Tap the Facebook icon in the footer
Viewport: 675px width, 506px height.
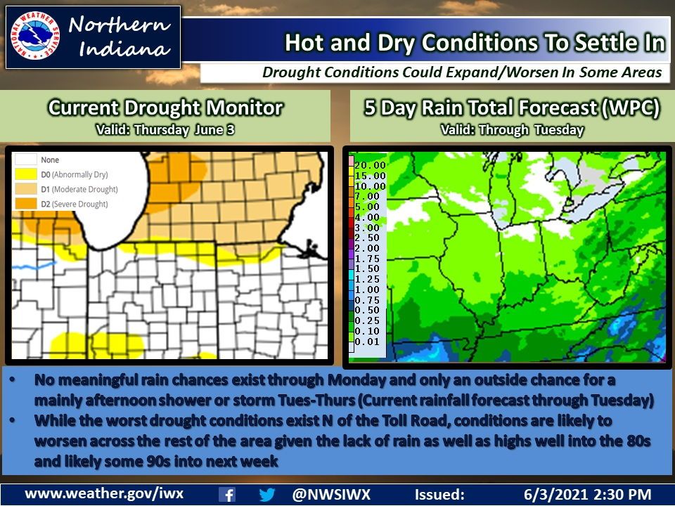click(x=227, y=494)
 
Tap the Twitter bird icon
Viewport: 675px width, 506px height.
click(x=267, y=494)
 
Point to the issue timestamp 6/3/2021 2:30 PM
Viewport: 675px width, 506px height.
click(x=588, y=494)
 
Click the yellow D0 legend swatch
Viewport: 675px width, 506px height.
click(x=27, y=175)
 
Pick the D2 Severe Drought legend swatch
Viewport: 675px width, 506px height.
click(x=27, y=205)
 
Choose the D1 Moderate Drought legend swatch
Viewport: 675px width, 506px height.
click(x=27, y=190)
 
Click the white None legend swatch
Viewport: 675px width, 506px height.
click(x=27, y=160)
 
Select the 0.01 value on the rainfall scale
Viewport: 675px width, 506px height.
click(x=370, y=342)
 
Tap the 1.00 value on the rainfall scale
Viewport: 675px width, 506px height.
click(x=370, y=290)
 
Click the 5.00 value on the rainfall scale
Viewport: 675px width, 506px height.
click(x=370, y=207)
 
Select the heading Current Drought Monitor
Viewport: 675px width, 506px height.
click(x=165, y=108)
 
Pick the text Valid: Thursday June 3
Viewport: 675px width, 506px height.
click(x=165, y=129)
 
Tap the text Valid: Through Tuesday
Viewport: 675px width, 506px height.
click(x=511, y=129)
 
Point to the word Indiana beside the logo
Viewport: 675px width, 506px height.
click(x=125, y=49)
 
